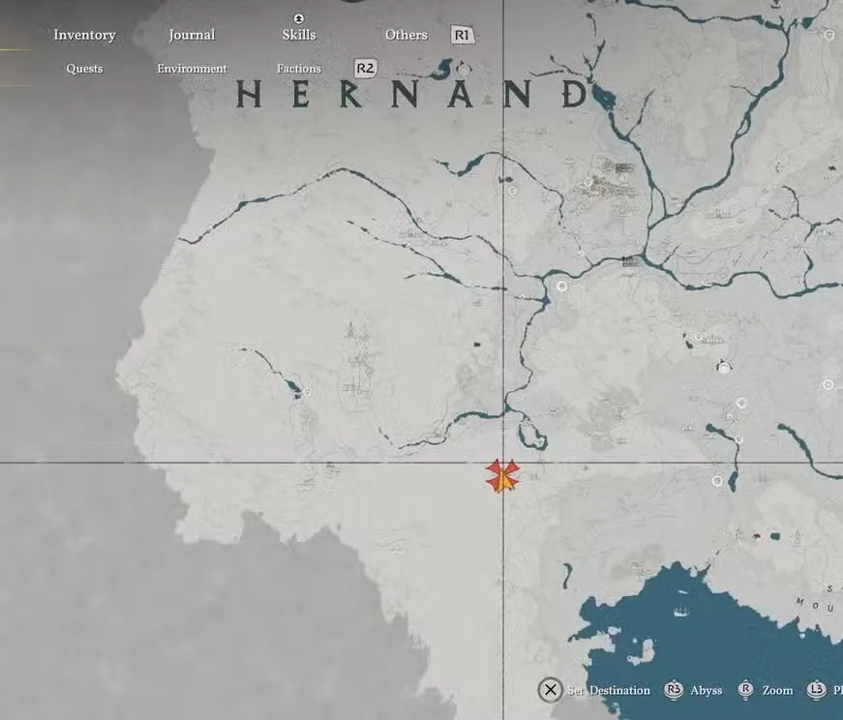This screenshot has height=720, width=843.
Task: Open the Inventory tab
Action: click(84, 35)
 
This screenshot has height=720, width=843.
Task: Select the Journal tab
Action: click(192, 35)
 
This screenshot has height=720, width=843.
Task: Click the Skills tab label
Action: click(299, 35)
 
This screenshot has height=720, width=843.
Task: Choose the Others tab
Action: click(406, 35)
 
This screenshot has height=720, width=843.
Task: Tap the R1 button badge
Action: click(463, 35)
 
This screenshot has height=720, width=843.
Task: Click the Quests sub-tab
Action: click(84, 69)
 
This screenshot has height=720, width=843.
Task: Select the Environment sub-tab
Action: click(192, 69)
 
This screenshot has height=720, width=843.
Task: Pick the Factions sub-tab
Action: click(298, 69)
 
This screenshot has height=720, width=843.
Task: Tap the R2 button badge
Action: click(365, 68)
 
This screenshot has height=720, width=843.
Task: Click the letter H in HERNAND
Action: click(249, 94)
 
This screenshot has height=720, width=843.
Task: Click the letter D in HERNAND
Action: click(576, 94)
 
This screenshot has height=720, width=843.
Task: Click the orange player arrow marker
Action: click(502, 476)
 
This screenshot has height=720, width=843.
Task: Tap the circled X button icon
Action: click(550, 690)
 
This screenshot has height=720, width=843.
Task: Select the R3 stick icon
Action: click(674, 690)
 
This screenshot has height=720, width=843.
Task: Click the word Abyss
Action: click(706, 690)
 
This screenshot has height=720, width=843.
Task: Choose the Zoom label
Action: click(777, 690)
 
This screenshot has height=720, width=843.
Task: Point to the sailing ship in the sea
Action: click(679, 611)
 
